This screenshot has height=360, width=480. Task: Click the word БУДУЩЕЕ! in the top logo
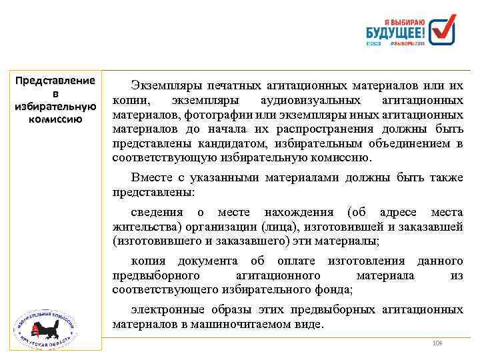[x=396, y=31]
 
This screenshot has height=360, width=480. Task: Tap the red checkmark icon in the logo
[x=443, y=30]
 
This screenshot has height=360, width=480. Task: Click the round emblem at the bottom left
[x=45, y=326]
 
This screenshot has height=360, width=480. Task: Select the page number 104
[x=437, y=343]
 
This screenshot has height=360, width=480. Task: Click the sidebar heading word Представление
[x=55, y=81]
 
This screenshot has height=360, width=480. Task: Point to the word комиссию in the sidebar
[x=55, y=119]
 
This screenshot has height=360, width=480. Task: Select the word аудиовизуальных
[x=315, y=101]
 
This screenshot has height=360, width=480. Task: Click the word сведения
[x=157, y=212]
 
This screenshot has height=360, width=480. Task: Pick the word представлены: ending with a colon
[x=154, y=191]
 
